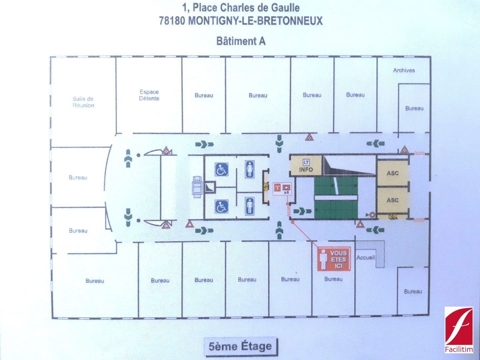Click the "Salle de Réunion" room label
tap(83, 102)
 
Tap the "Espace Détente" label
tap(149, 95)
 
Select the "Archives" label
tap(404, 70)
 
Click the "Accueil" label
tap(366, 258)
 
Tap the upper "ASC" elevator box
tap(392, 173)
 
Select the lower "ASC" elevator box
tap(392, 200)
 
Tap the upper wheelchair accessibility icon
tap(221, 169)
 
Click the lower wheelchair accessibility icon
tap(221, 207)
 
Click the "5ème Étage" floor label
tap(240, 346)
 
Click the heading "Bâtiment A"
tap(241, 41)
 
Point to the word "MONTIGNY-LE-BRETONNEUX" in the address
tap(255, 21)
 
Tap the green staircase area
tap(336, 198)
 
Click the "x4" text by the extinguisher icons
tap(286, 193)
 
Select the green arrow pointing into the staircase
tap(303, 211)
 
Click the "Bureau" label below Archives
tap(414, 108)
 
